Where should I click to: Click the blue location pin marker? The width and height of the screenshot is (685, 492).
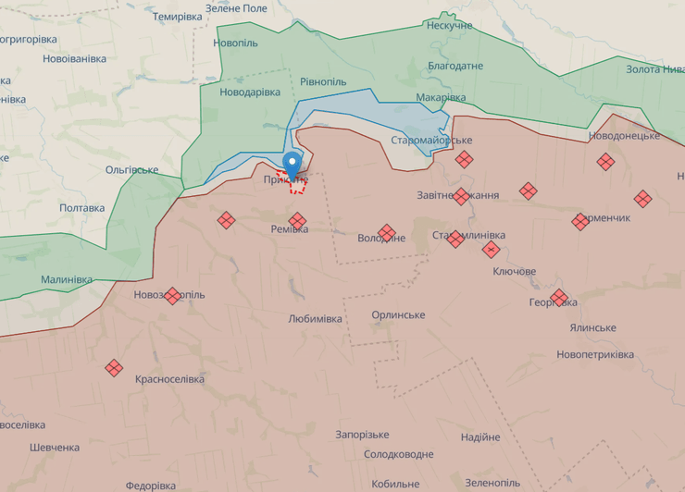(293, 163)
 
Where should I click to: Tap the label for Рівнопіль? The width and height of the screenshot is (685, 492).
(323, 81)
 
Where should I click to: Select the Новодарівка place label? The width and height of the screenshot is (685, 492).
(250, 92)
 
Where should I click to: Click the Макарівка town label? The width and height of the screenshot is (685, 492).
(441, 98)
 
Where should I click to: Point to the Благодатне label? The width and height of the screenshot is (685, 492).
(455, 67)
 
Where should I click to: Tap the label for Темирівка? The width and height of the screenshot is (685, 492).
(177, 18)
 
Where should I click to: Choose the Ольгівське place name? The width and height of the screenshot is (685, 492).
(131, 170)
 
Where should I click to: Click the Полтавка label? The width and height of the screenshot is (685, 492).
(82, 208)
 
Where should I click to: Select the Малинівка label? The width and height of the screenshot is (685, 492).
(67, 280)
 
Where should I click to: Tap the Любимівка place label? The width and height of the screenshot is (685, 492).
(315, 319)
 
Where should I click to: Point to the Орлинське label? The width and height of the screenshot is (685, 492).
(398, 315)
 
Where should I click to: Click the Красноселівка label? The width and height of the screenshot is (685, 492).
(170, 379)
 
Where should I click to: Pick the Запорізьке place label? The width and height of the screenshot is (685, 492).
(362, 435)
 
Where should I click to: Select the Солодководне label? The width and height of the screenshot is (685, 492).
(398, 455)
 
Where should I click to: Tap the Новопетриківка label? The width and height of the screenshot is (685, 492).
(595, 355)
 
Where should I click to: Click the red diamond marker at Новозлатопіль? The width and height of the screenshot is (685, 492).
(172, 296)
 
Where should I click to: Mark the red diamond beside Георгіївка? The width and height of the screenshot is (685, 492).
(559, 297)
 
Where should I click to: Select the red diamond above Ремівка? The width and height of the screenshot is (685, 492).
(297, 220)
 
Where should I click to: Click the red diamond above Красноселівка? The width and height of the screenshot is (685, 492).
(114, 368)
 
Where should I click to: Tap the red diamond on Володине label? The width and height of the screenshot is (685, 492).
(387, 232)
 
